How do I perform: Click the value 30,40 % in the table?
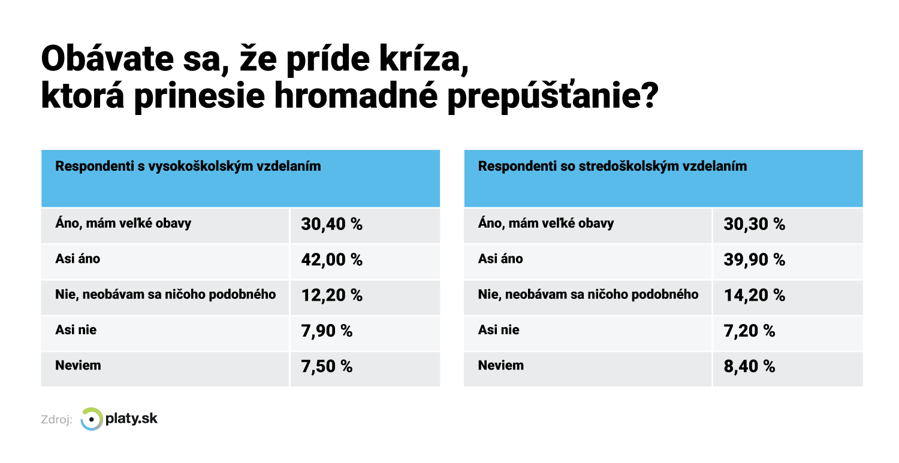tap(332, 225)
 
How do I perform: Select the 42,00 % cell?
tap(332, 260)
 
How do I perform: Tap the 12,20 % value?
tap(332, 295)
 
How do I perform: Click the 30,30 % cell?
tap(755, 225)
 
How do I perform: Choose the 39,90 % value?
tap(755, 260)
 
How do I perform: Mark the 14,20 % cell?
tap(755, 295)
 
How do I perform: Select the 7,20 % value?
tap(749, 331)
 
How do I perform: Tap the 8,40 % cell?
tap(749, 366)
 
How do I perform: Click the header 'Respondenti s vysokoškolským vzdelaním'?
tap(188, 167)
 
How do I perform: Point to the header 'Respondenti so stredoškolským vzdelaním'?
tap(613, 167)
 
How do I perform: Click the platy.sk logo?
tap(119, 419)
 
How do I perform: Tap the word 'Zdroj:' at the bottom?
tap(56, 420)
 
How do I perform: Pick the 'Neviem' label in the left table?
tap(78, 365)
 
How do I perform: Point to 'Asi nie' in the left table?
tap(76, 329)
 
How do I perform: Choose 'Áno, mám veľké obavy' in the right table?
tap(546, 223)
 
